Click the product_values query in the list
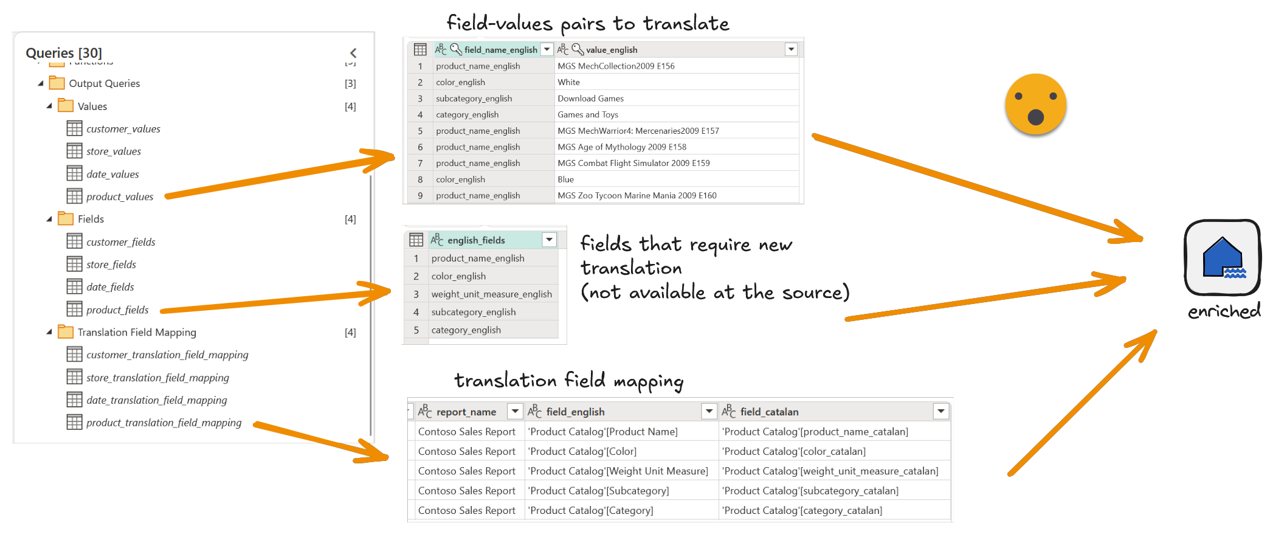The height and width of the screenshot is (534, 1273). click(x=120, y=196)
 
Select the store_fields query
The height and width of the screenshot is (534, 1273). click(x=111, y=265)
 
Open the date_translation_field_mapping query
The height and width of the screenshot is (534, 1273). click(x=156, y=400)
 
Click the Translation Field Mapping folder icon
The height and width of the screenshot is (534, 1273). click(x=65, y=332)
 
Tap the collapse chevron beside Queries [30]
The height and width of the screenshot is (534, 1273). click(x=353, y=54)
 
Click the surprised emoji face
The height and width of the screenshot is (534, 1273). click(x=1035, y=106)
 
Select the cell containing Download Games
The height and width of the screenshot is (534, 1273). click(x=590, y=99)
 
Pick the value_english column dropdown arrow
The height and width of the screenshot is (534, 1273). click(x=791, y=49)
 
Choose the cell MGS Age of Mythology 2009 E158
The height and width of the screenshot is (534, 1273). click(x=622, y=147)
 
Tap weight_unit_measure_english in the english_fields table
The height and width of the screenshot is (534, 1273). click(x=491, y=294)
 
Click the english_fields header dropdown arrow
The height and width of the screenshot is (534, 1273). click(x=549, y=240)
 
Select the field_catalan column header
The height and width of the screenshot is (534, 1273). click(x=769, y=412)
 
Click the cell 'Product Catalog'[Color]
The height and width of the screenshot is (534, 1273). click(x=582, y=451)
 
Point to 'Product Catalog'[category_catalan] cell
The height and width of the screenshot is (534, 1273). click(x=802, y=510)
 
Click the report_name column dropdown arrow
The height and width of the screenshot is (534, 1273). click(x=515, y=412)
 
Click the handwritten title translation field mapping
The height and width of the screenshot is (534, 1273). click(x=568, y=381)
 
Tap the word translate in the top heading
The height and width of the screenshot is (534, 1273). click(x=686, y=24)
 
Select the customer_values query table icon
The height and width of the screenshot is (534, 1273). click(x=74, y=128)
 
